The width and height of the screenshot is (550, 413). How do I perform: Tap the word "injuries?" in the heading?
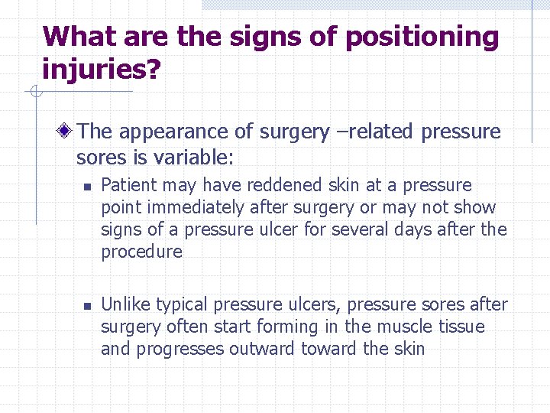pos(102,70)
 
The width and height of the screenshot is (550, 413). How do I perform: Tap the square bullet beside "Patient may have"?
pos(87,186)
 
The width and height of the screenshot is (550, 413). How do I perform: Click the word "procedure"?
pos(141,252)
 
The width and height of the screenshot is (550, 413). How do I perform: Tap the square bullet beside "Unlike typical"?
pos(87,305)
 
